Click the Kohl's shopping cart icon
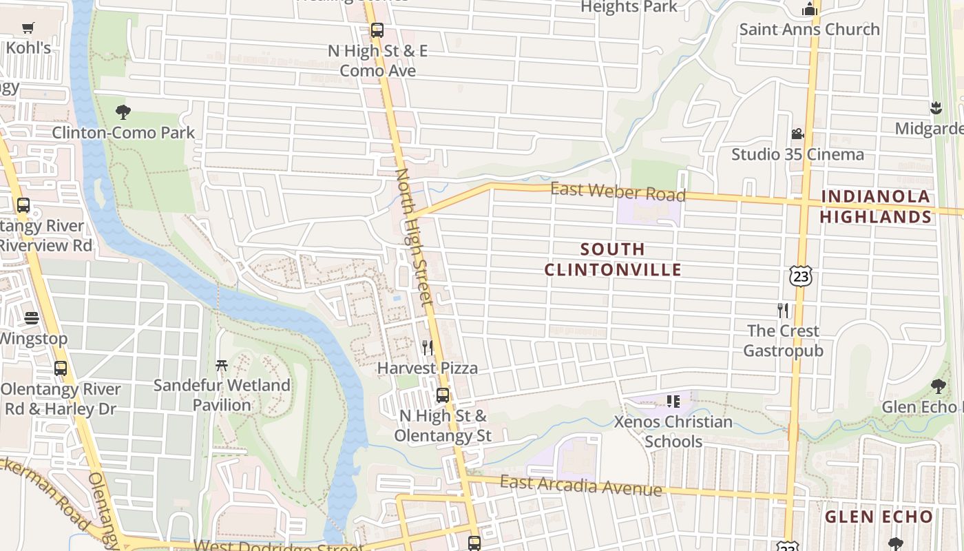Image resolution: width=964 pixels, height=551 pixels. [x=28, y=28]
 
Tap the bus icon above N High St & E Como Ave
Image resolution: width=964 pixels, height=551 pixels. [x=377, y=30]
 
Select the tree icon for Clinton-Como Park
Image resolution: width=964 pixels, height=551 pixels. [x=123, y=112]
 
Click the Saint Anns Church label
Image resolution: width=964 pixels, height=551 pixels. [x=809, y=29]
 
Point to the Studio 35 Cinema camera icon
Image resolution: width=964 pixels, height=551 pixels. [x=797, y=134]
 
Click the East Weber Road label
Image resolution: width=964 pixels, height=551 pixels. [x=618, y=191]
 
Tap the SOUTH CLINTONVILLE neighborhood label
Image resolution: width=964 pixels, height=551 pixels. [x=613, y=259]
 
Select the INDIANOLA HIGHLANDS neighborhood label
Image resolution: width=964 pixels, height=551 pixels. [x=876, y=207]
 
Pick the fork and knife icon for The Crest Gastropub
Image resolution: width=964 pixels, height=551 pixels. [x=782, y=310]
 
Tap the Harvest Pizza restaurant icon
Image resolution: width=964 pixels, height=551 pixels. [x=428, y=347]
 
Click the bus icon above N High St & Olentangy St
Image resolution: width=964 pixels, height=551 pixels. [x=443, y=395]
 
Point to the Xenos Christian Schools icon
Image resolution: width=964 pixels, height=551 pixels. [x=673, y=400]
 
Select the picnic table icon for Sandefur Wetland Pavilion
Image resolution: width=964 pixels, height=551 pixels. [x=222, y=365]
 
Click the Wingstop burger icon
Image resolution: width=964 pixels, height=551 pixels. [x=32, y=318]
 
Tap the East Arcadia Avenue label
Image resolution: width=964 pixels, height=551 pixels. [x=580, y=486]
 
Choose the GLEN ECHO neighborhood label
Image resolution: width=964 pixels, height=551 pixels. [x=879, y=517]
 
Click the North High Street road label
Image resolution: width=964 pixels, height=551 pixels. [x=414, y=238]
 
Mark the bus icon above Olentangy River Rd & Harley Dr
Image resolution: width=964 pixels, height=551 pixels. [x=61, y=368]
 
